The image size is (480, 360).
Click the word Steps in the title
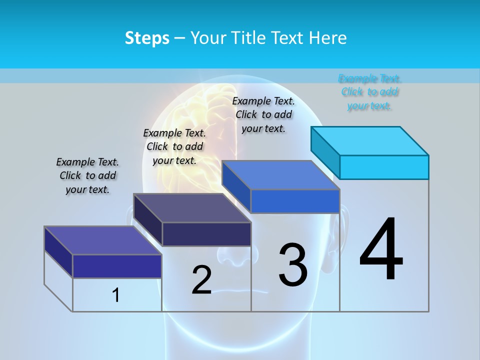[x=147, y=38]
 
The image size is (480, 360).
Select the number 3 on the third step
[x=293, y=264]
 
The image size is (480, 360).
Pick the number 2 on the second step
[x=202, y=279]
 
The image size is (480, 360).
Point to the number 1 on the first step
[x=116, y=295]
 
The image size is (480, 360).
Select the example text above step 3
[x=263, y=114]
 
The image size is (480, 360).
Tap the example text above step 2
[x=174, y=146]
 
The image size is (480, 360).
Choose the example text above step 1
[x=87, y=175]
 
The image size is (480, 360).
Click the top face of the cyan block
[x=370, y=140]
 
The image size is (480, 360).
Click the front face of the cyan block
[x=384, y=167]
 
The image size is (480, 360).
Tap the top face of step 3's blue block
[x=281, y=175]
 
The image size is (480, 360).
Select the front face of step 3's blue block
[x=295, y=201]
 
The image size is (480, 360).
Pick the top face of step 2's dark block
[x=192, y=207]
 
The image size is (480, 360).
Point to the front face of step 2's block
[x=206, y=234]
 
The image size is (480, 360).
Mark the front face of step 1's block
[x=117, y=266]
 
